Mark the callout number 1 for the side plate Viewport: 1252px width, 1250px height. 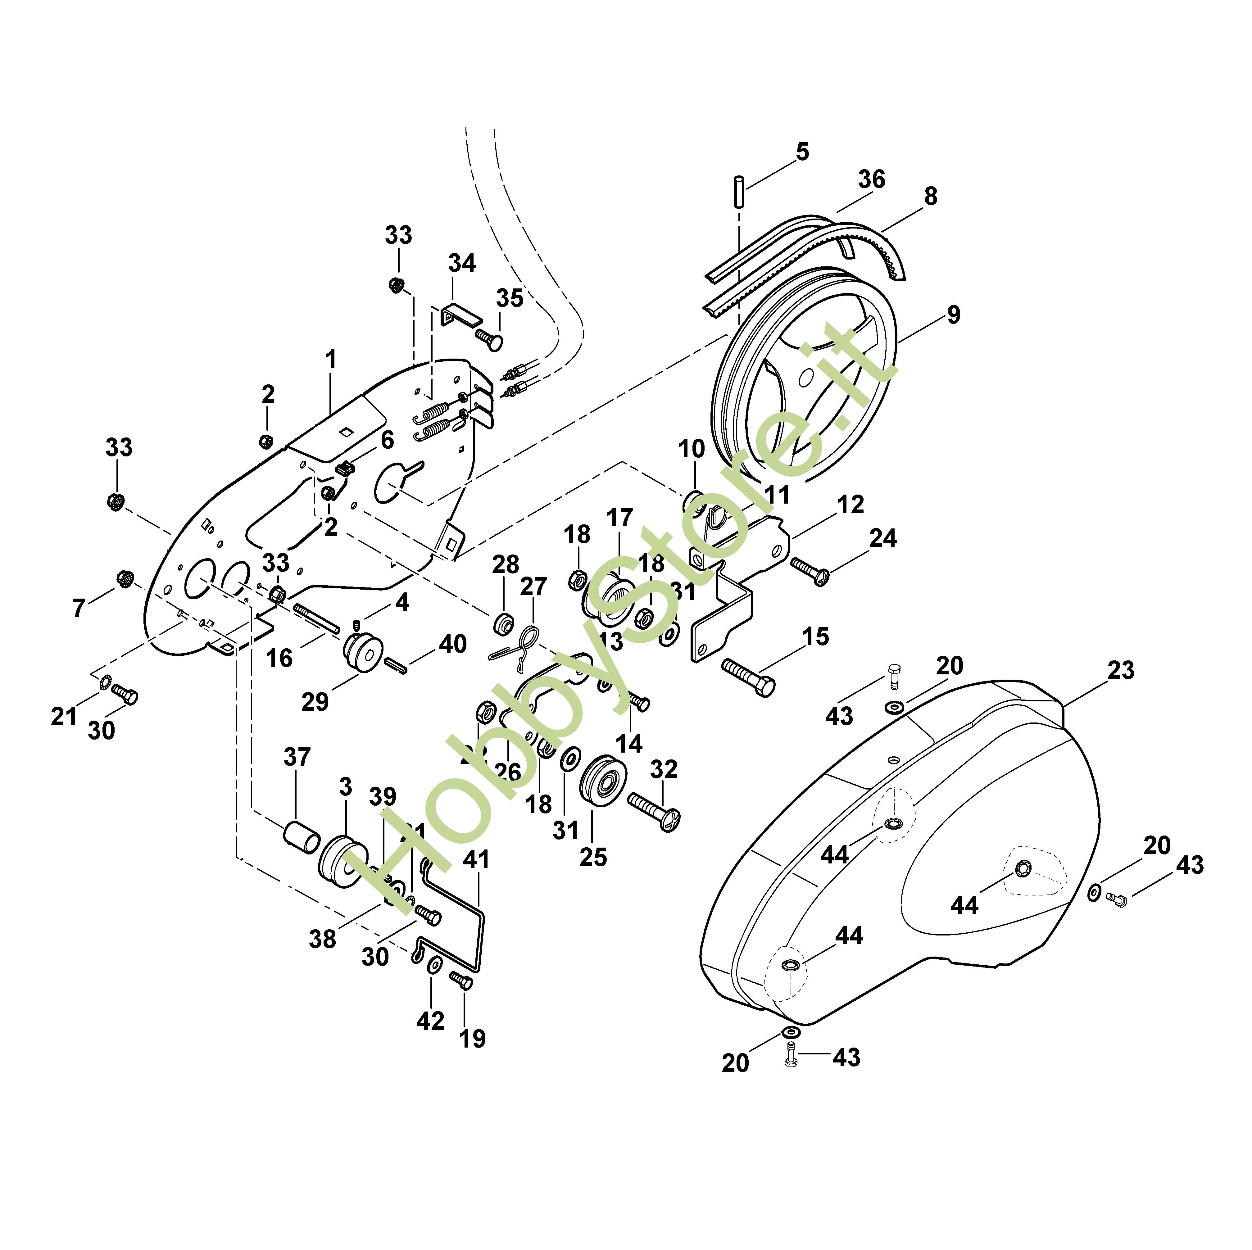[x=331, y=360]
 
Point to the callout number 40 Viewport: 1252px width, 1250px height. [x=452, y=644]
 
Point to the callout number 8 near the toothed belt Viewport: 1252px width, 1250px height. [x=930, y=196]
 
